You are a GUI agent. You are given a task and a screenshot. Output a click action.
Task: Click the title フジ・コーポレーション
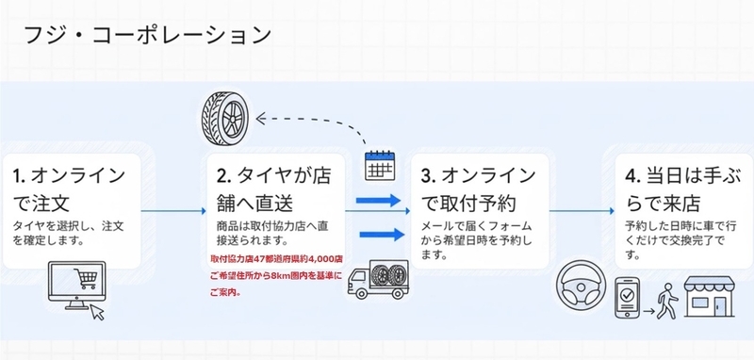pyautogui.click(x=148, y=36)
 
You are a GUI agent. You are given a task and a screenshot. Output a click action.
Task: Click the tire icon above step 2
pyautogui.click(x=224, y=117)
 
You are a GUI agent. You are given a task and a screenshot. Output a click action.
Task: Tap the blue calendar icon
pyautogui.click(x=380, y=165)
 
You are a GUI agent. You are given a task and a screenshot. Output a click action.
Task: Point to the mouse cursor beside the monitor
pyautogui.click(x=98, y=313)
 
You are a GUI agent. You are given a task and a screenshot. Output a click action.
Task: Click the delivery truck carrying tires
pyautogui.click(x=378, y=280)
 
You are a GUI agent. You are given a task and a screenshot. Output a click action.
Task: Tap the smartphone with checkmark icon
pyautogui.click(x=627, y=298)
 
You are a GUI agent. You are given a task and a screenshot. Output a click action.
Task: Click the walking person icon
pyautogui.click(x=666, y=301)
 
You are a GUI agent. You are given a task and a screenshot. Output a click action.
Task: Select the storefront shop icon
pyautogui.click(x=710, y=297)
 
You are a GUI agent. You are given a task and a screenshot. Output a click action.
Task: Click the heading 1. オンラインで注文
pyautogui.click(x=69, y=189)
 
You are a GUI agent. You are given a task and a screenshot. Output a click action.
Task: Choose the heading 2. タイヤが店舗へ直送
pyautogui.click(x=273, y=189)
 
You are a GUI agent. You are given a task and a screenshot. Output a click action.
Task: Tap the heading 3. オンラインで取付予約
pyautogui.click(x=478, y=189)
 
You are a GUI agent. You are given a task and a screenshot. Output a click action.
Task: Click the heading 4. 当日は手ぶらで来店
pyautogui.click(x=681, y=189)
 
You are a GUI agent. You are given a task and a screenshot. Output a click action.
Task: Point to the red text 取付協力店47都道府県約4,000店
pyautogui.click(x=276, y=259)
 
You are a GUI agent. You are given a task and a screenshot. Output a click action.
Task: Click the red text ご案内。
pyautogui.click(x=225, y=292)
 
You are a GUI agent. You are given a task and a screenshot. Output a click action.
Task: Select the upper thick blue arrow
pyautogui.click(x=379, y=201)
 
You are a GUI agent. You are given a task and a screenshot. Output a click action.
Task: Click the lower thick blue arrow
pyautogui.click(x=382, y=235)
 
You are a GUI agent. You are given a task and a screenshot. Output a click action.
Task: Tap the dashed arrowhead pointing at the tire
pyautogui.click(x=261, y=119)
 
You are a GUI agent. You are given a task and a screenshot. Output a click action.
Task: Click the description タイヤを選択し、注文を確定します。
pyautogui.click(x=68, y=233)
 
